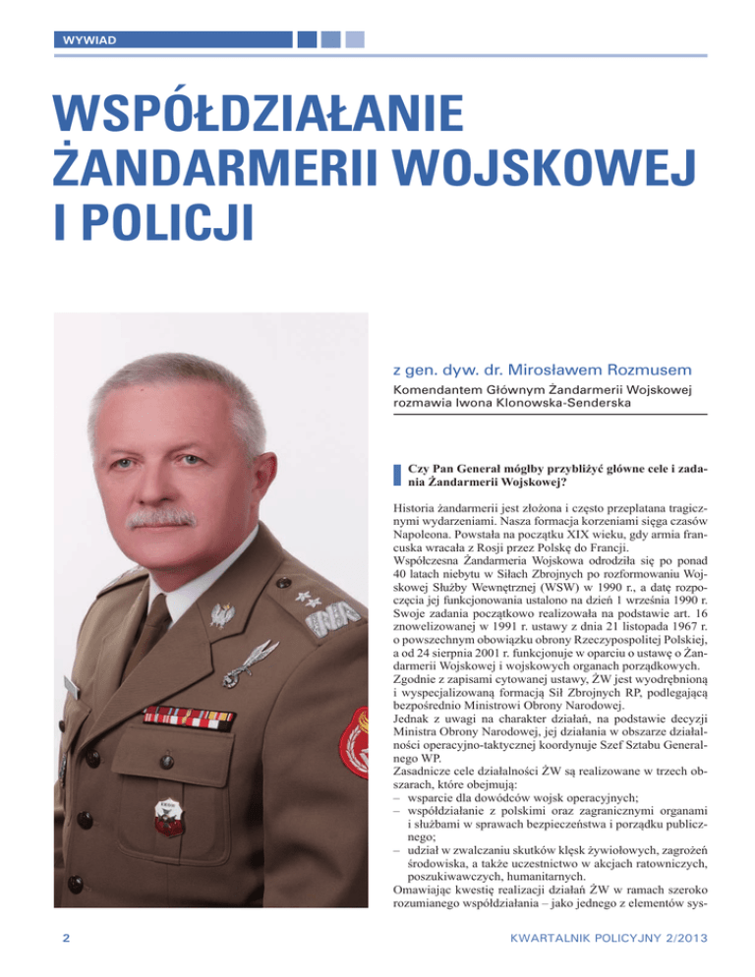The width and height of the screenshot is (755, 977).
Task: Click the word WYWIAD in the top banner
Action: tap(84, 41)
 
